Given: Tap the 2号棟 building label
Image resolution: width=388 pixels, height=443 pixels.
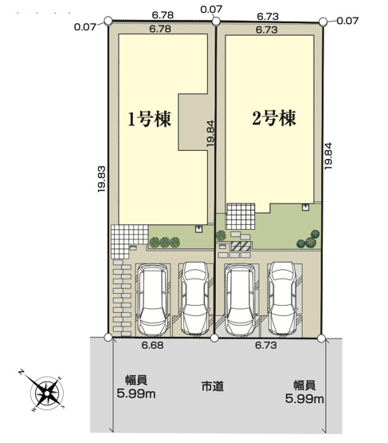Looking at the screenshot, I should (x=274, y=120).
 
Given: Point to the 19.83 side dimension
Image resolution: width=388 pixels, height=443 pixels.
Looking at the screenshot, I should (x=100, y=180).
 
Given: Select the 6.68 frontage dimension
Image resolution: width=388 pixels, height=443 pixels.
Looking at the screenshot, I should (x=152, y=346).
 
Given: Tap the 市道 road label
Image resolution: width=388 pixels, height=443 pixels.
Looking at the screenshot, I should (x=213, y=386).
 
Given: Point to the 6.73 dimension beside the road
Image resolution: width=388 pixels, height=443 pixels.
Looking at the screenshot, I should (x=266, y=346).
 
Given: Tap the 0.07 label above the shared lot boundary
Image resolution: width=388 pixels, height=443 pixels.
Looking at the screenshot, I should (x=211, y=9).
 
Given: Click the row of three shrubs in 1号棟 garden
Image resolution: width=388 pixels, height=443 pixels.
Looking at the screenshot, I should (x=163, y=241).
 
